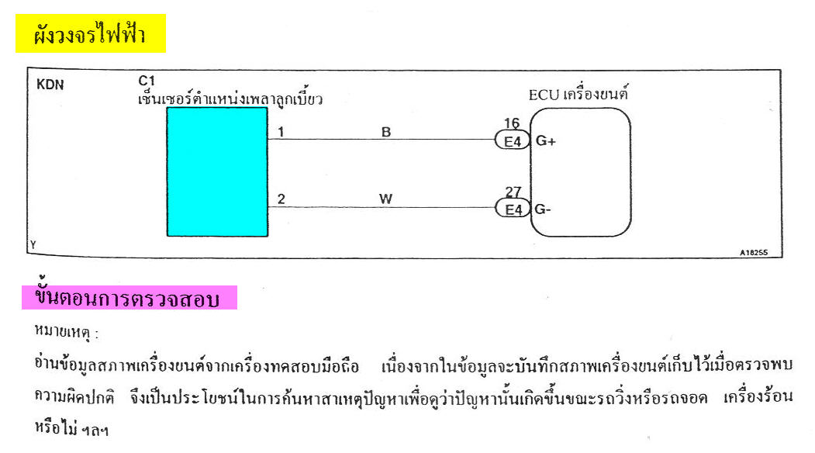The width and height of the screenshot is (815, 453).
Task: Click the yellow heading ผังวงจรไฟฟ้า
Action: (x=91, y=33)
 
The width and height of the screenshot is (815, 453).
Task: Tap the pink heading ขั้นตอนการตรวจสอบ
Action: (x=129, y=297)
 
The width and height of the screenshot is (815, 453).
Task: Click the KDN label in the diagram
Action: (x=50, y=85)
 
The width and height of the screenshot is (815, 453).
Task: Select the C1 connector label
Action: (x=147, y=81)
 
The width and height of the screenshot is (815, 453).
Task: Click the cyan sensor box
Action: (x=217, y=172)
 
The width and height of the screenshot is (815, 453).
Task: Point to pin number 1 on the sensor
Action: (x=281, y=132)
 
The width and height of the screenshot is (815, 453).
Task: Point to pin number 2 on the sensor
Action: (x=281, y=199)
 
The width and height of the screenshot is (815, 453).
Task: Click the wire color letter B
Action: (x=385, y=132)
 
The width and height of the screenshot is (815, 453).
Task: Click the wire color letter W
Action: (x=385, y=199)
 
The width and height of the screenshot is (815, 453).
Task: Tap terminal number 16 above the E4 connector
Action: (x=512, y=123)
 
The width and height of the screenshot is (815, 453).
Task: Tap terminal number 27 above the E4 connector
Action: (x=513, y=192)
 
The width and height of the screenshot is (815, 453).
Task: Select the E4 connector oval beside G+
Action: (x=513, y=141)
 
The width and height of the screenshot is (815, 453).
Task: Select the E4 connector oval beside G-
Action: (x=513, y=209)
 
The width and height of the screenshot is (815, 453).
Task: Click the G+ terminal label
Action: (x=546, y=141)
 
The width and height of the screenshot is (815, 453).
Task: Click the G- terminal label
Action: (x=543, y=209)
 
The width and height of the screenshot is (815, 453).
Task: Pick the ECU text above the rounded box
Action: (x=544, y=95)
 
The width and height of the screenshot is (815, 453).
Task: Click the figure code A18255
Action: (x=754, y=253)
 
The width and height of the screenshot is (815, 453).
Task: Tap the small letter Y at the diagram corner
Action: (x=33, y=244)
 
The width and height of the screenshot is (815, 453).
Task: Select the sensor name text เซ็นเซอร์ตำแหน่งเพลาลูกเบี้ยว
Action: (x=230, y=98)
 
